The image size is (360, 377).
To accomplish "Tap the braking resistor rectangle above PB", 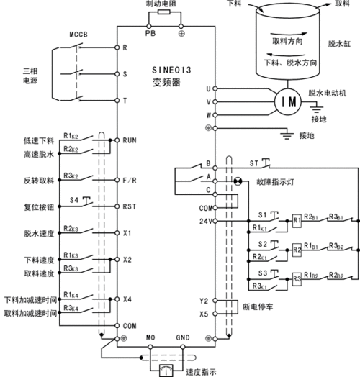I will [162, 13].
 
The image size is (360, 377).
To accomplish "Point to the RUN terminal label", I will [130, 142].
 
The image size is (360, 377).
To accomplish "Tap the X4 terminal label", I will [127, 299].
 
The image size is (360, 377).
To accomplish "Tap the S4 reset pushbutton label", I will [74, 199].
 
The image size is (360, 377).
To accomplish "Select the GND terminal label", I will [183, 337].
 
